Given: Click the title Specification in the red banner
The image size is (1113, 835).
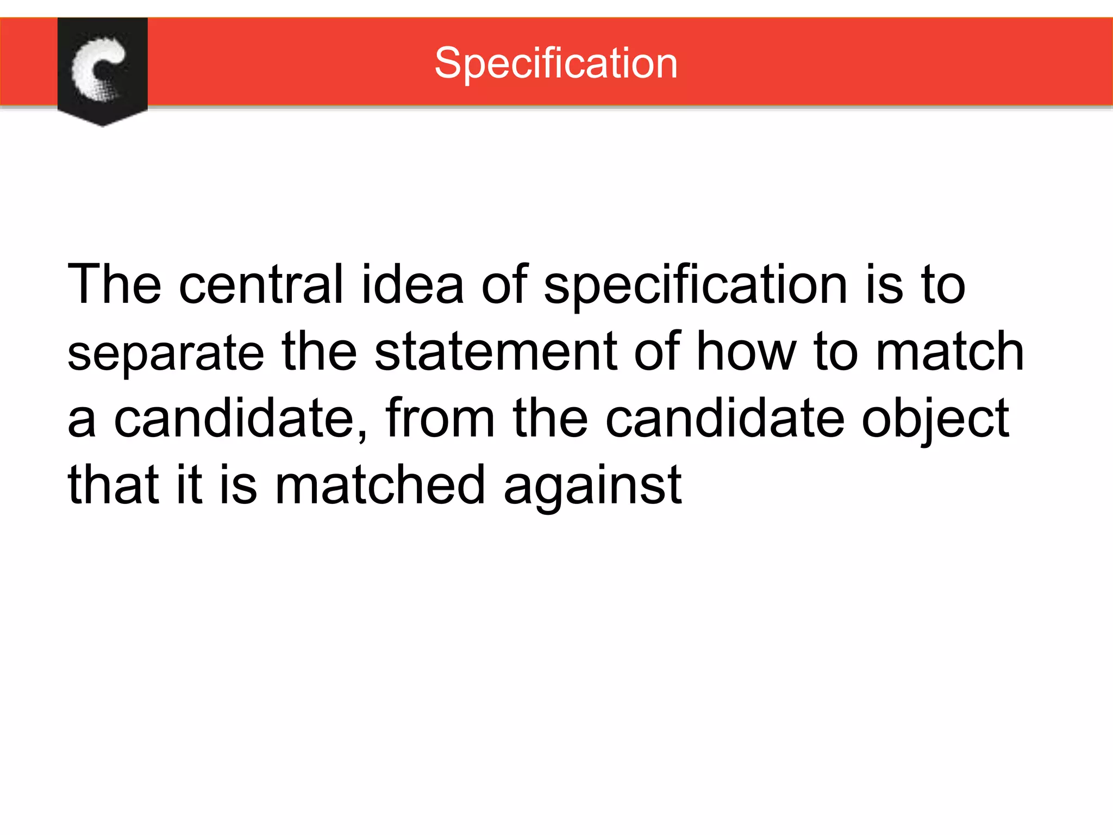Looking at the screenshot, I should (x=556, y=64).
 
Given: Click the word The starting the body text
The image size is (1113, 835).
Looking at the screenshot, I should (x=114, y=284).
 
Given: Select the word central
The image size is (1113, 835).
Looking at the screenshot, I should (x=261, y=284).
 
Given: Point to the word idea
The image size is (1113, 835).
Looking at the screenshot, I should (x=412, y=284).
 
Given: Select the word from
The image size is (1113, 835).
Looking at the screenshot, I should (x=440, y=418).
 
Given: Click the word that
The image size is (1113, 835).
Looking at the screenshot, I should (x=114, y=484).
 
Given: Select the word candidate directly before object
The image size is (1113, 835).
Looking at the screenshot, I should (x=725, y=418).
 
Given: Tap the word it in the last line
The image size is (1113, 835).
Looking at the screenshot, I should (x=189, y=484).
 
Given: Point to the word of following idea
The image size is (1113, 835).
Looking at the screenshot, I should (x=505, y=284).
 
